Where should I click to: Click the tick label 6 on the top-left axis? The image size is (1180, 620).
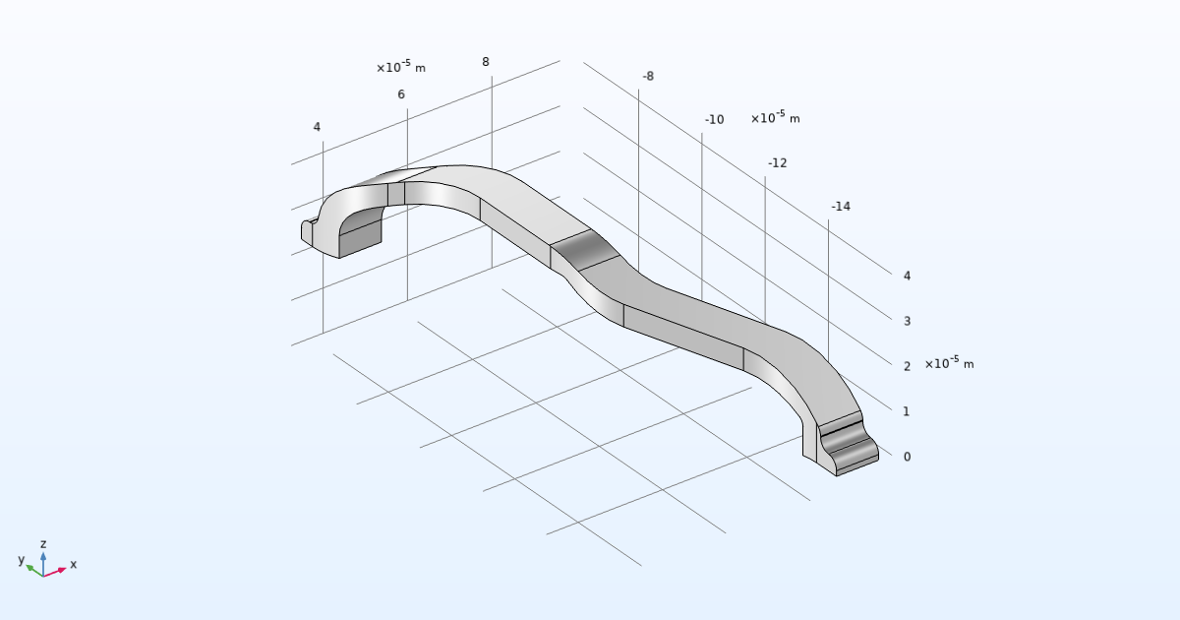pos(401,94)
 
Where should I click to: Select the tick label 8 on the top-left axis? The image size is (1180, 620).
pos(486,62)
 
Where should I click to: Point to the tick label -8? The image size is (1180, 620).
pos(648,76)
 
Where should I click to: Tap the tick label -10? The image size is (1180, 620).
pos(714,119)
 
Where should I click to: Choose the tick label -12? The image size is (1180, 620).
pos(777,162)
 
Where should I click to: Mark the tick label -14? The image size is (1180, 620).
pos(840,206)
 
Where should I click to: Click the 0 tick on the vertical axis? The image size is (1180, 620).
pos(907,457)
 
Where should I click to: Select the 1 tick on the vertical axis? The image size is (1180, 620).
pos(907,411)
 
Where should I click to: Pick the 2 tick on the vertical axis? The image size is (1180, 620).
pos(907,366)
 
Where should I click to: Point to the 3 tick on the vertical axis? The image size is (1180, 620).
pos(907,321)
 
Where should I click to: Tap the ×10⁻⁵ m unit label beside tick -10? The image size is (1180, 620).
pos(775,118)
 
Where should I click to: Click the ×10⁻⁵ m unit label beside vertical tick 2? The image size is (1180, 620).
pos(949,364)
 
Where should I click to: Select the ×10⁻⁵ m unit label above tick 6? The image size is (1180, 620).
pos(401,68)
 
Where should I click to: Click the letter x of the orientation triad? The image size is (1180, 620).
pos(74,565)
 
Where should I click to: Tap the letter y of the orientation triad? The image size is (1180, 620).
pos(21,560)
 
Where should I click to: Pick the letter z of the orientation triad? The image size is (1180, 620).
pos(43,543)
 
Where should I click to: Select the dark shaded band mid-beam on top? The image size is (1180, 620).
pos(586,250)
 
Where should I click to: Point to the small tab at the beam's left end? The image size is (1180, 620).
pos(308,231)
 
